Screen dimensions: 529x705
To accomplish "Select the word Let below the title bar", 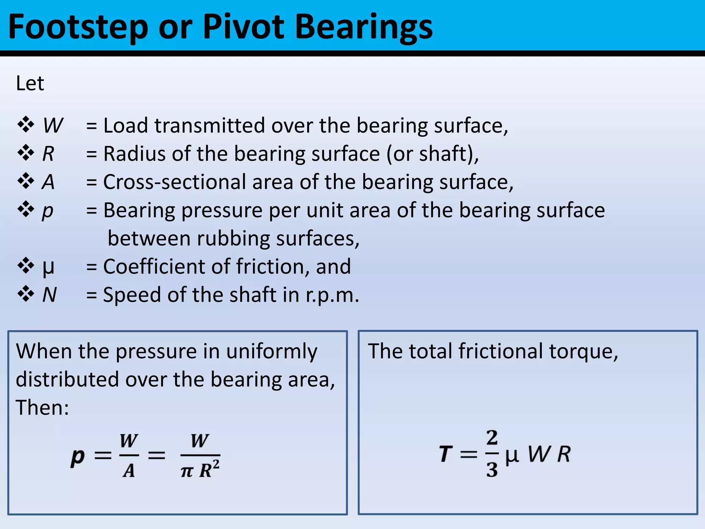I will [30, 83].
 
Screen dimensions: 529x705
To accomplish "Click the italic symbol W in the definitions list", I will [53, 125].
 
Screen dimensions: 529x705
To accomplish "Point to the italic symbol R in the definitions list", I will [48, 154].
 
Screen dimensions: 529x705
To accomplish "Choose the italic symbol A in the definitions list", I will [48, 182].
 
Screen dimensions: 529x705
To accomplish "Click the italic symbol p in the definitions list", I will [48, 211].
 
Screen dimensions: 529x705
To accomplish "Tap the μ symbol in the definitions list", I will [48, 267].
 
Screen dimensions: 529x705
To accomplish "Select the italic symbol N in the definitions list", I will [49, 295].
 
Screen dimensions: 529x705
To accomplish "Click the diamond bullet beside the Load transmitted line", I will [26, 125].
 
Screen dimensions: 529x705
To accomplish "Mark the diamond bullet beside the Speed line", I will [26, 294].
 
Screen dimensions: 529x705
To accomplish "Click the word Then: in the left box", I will [42, 408].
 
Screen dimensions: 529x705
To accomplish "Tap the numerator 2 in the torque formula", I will [492, 438].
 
